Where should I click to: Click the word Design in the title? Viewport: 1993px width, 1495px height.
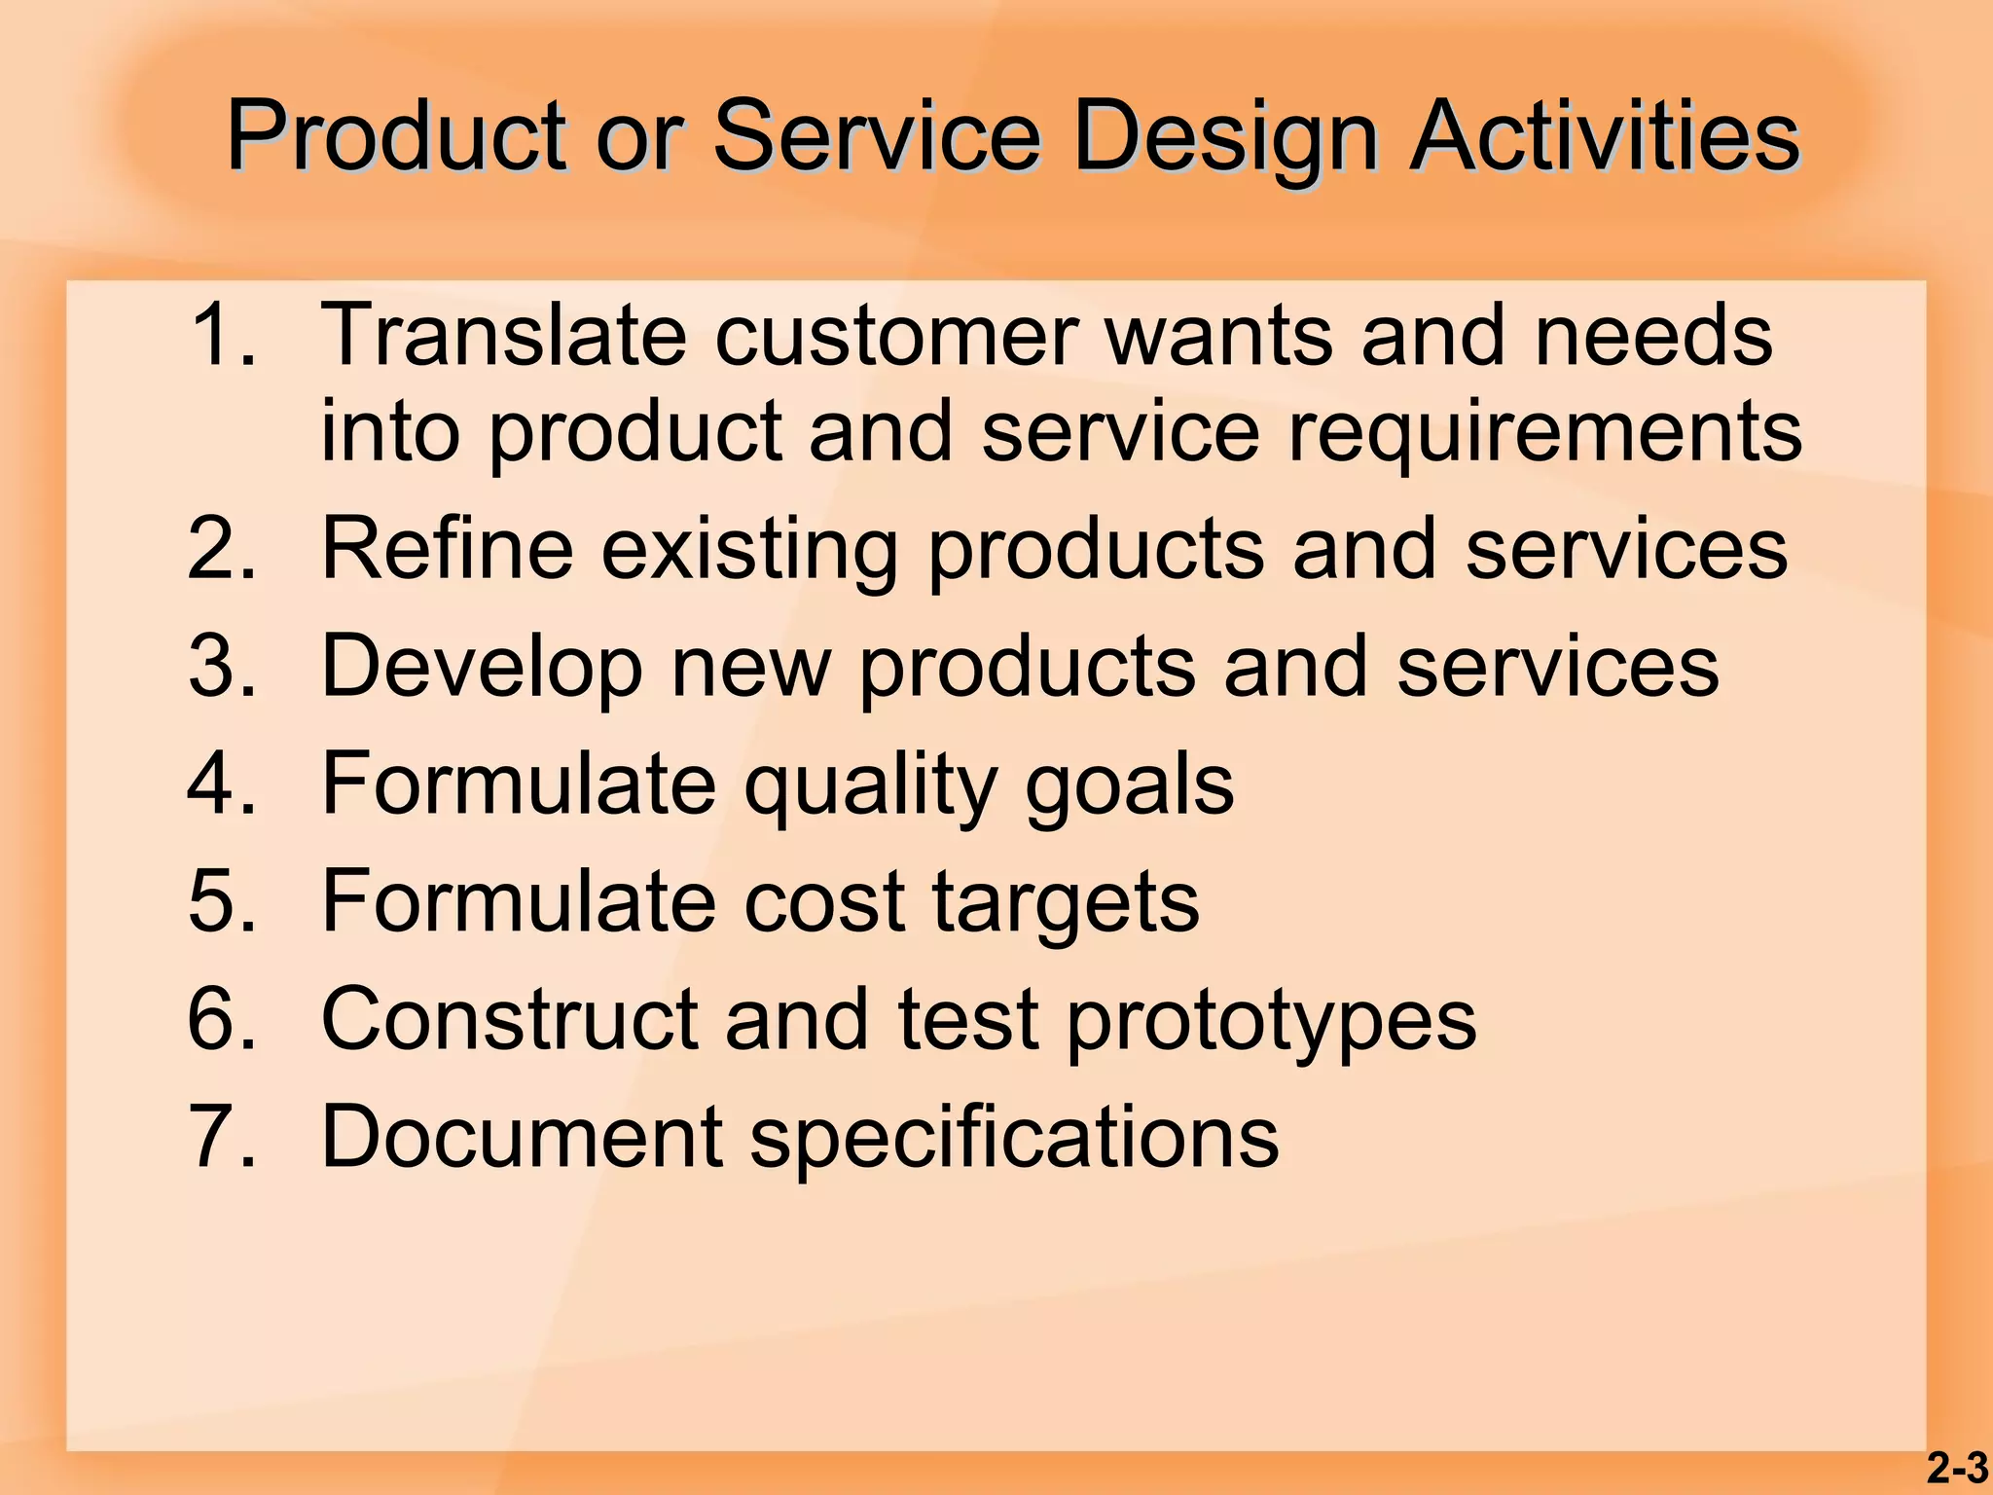tap(1224, 138)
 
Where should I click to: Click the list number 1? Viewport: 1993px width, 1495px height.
tap(223, 335)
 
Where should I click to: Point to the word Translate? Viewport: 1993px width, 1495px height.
tap(503, 335)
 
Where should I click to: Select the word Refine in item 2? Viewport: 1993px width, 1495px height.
tap(448, 549)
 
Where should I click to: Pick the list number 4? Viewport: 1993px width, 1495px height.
tap(223, 784)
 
